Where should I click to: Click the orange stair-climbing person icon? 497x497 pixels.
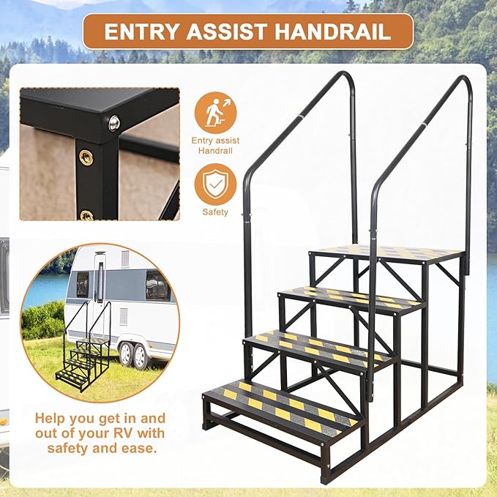tap(215, 112)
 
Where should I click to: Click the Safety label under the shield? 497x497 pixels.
tap(215, 212)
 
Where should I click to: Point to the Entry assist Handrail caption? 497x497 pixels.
tap(215, 146)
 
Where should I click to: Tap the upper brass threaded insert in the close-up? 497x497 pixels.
tap(86, 157)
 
